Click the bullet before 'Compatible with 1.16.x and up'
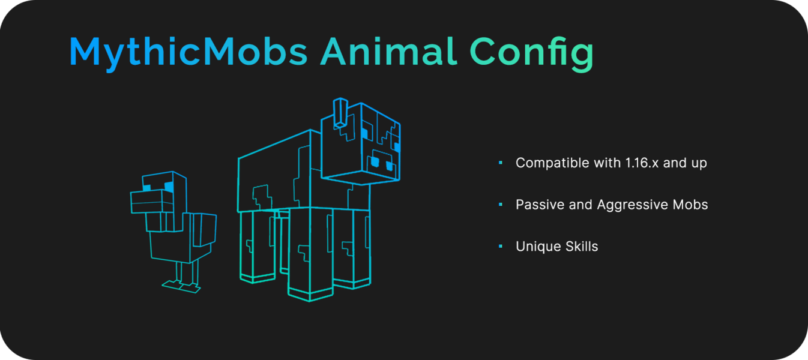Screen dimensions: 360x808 500,163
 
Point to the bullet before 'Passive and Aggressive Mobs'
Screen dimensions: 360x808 500,205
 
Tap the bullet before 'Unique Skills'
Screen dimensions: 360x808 500,247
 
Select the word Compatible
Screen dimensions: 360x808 553,163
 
